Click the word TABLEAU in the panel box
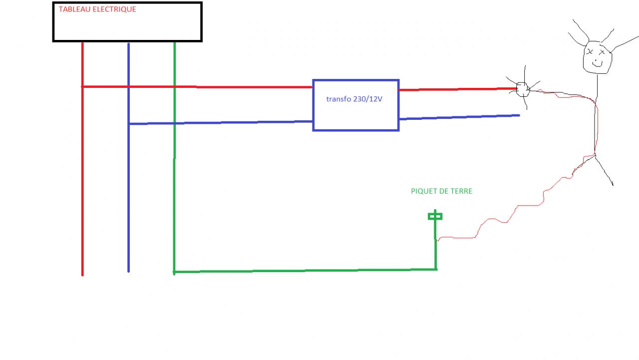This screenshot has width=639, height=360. [74, 9]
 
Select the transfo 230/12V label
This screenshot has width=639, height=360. [354, 99]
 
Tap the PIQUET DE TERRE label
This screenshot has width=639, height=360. [441, 191]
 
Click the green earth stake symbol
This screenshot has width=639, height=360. [435, 216]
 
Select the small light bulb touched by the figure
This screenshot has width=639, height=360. [522, 89]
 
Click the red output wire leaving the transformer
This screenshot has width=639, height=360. [449, 89]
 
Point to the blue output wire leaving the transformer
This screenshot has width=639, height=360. [459, 117]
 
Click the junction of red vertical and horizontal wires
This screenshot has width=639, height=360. [82, 86]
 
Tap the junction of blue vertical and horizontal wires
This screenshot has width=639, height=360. [129, 123]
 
